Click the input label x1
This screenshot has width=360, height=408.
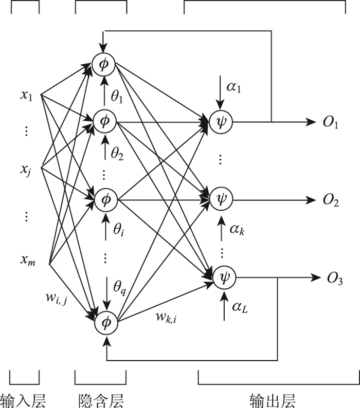(27, 96)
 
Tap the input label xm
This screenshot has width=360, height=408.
(28, 260)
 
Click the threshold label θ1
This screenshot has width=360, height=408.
(118, 96)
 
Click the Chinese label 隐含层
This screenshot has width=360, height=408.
(101, 398)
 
